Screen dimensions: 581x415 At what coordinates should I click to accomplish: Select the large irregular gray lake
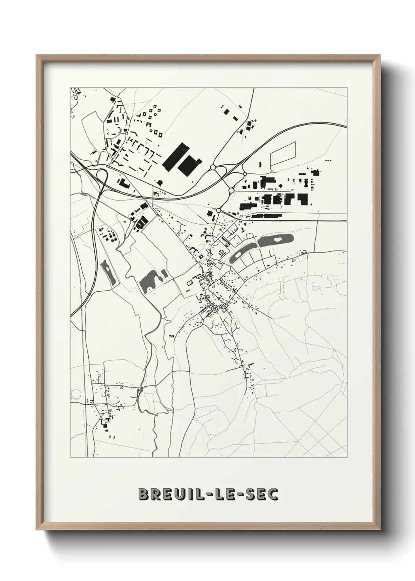pyautogui.click(x=150, y=280)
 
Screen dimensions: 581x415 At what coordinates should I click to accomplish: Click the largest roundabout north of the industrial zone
pyautogui.click(x=213, y=168)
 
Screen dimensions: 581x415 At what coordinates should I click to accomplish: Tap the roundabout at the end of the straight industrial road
pyautogui.click(x=218, y=210)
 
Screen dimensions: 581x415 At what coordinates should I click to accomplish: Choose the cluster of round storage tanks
pyautogui.click(x=108, y=235)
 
